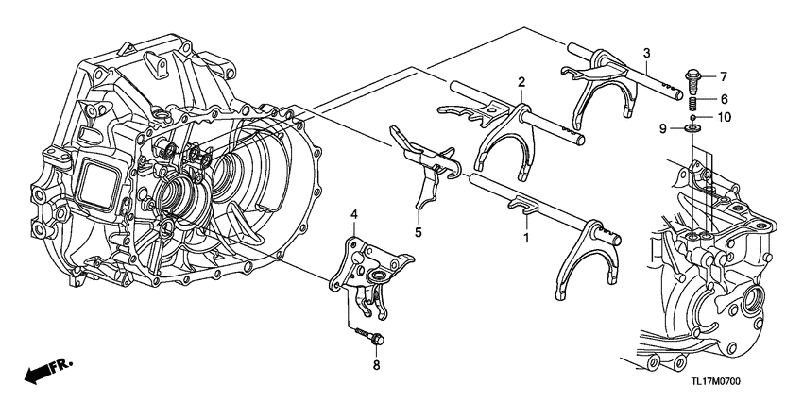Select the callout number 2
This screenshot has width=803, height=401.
(521, 84)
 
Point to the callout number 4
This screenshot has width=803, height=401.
(354, 216)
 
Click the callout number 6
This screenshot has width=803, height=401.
(725, 98)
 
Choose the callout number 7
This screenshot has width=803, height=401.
(725, 75)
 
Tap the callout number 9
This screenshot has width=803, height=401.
(663, 126)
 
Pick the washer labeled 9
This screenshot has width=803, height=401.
(692, 128)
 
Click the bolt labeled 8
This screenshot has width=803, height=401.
(365, 335)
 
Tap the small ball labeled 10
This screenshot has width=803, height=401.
(692, 116)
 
